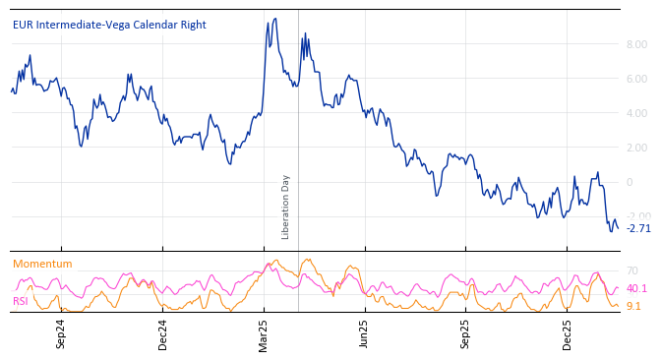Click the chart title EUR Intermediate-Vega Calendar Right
[109, 25]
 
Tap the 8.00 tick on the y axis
[636, 44]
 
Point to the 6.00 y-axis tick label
[636, 79]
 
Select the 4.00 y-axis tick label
[636, 113]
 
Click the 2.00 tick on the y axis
[636, 148]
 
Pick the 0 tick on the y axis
[630, 182]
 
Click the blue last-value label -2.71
[638, 228]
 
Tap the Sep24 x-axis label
[60, 333]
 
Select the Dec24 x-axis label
[162, 333]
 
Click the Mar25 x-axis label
[263, 333]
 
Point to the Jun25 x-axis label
[364, 333]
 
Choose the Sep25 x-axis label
[465, 333]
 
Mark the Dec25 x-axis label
[567, 333]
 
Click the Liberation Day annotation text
[286, 207]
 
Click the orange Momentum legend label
[42, 264]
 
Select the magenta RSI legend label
[21, 301]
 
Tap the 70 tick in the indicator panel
[631, 270]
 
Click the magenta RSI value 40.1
[636, 288]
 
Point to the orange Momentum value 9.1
[633, 306]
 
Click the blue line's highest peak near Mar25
[274, 19]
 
